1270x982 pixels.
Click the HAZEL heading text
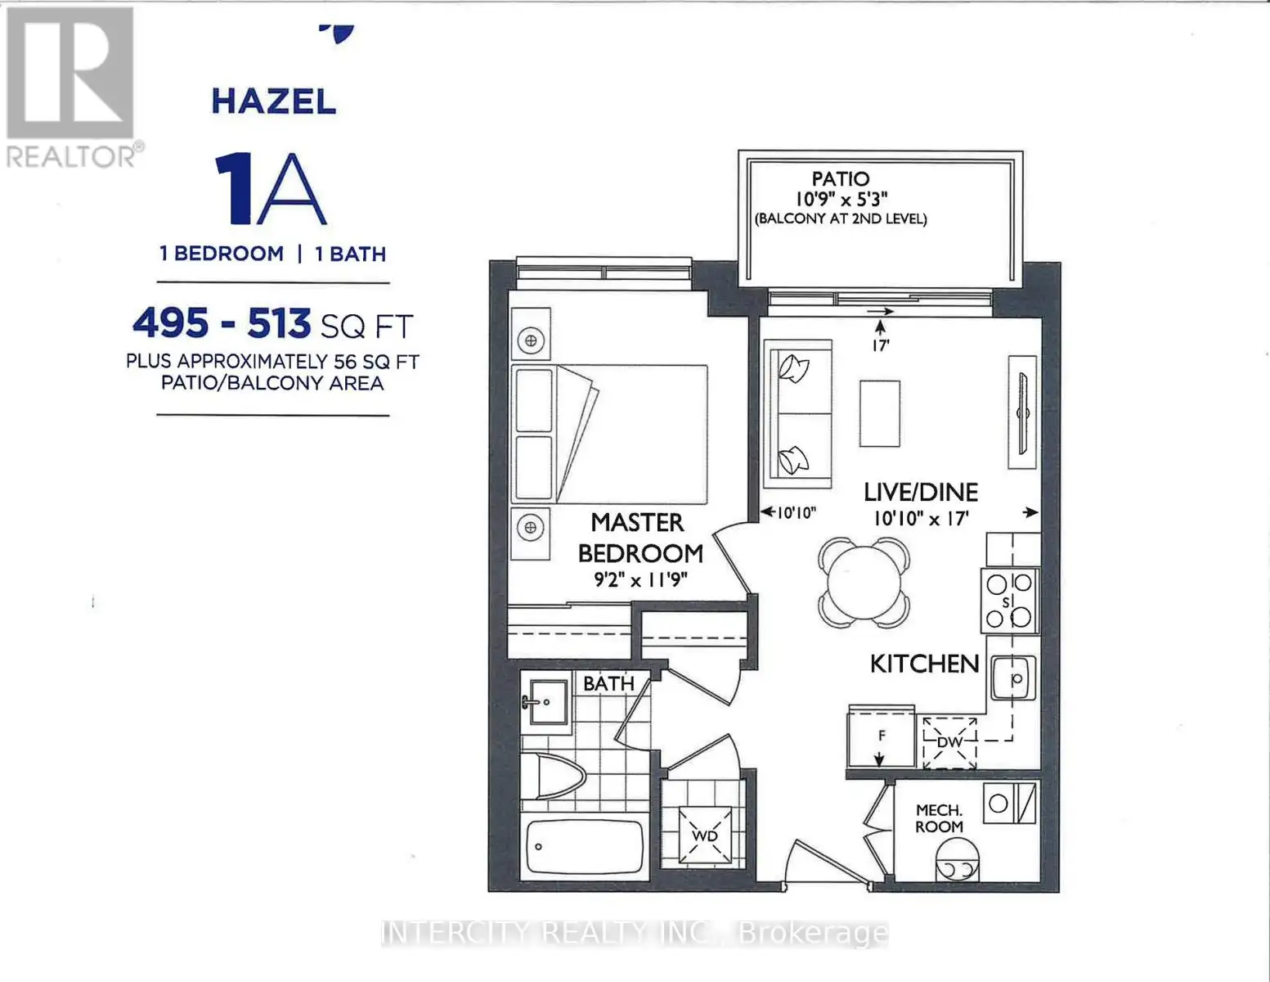[273, 101]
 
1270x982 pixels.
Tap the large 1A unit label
[270, 189]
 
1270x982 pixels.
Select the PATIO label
[841, 178]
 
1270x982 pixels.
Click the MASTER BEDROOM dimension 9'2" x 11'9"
[640, 579]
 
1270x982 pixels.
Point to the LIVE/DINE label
[921, 493]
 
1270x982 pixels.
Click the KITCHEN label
[925, 664]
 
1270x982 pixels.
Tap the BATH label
[608, 683]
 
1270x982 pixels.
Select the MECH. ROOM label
[939, 818]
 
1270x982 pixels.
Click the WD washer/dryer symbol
[705, 836]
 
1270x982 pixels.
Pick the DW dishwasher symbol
[949, 743]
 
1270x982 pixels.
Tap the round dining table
[864, 583]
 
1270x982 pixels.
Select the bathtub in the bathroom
[585, 846]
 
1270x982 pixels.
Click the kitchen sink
[1013, 678]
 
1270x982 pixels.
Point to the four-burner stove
[1010, 601]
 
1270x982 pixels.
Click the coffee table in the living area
[880, 413]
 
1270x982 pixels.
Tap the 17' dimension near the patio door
[880, 345]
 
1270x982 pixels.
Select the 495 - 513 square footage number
[222, 323]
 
